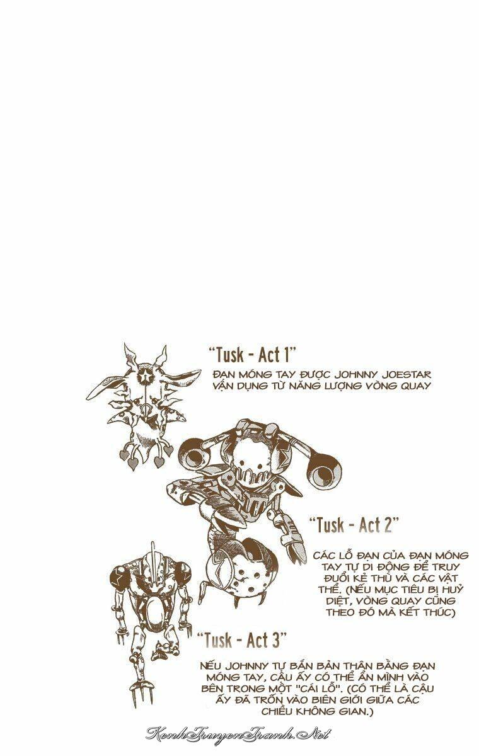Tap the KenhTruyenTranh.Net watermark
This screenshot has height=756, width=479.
[x=239, y=733]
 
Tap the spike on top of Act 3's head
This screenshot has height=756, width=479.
[x=153, y=555]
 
